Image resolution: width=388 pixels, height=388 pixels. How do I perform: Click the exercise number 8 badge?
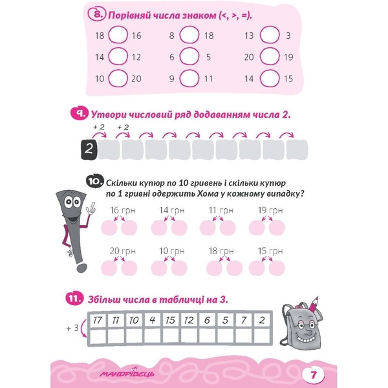(x=97, y=14)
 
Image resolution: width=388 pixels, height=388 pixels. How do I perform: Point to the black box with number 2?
(x=89, y=149)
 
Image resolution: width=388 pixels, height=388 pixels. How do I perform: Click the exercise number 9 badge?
(x=79, y=114)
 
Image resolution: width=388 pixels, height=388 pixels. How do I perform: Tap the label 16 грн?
(x=123, y=210)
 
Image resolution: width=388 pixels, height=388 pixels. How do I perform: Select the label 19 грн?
(x=270, y=210)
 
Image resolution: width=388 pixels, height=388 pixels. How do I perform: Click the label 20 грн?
(x=123, y=251)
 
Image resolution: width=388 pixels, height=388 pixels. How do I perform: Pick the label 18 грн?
(x=221, y=251)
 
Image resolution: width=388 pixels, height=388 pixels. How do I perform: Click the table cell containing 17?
(x=98, y=320)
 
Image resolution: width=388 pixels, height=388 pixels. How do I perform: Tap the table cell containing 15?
(x=171, y=320)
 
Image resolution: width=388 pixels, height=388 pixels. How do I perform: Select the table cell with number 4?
(x=153, y=320)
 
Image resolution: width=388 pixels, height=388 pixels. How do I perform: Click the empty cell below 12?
(x=189, y=336)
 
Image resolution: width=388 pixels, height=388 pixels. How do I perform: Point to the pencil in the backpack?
(x=313, y=305)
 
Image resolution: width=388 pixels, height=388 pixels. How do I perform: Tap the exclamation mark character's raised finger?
(x=92, y=206)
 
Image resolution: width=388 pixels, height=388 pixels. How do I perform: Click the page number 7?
(x=313, y=374)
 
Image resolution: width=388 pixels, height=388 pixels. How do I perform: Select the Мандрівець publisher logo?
(x=127, y=372)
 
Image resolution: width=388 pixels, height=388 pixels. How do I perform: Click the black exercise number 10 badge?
(x=95, y=181)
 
